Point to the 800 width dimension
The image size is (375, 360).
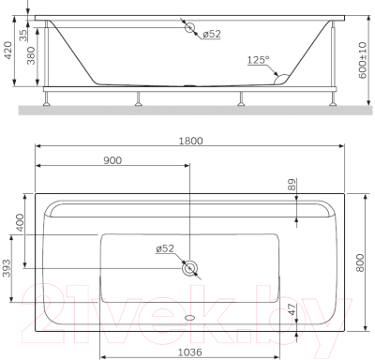pyautogui.click(x=361, y=264)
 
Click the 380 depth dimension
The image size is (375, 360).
pyautogui.click(x=31, y=58)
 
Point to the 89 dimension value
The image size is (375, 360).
pyautogui.click(x=291, y=187)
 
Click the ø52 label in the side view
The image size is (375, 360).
pyautogui.click(x=212, y=34)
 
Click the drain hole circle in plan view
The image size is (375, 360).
pyautogui.click(x=190, y=268)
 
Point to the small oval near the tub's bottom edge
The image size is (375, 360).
pyautogui.click(x=191, y=316)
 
